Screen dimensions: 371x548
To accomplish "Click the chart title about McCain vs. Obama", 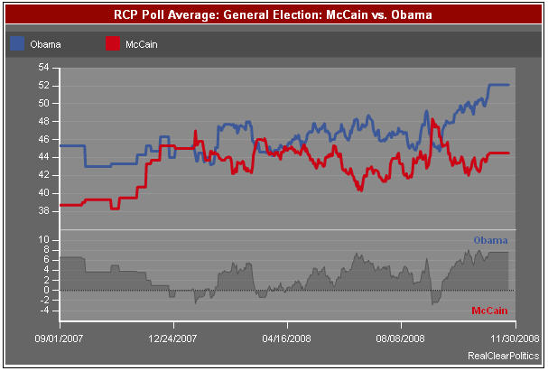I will click(274, 15).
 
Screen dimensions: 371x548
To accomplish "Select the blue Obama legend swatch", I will click(18, 43).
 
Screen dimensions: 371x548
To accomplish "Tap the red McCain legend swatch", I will click(113, 43).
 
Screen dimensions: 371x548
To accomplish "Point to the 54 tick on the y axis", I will click(43, 68).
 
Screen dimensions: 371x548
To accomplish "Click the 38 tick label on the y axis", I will click(43, 210).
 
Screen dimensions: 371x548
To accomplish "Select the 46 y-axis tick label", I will click(43, 139).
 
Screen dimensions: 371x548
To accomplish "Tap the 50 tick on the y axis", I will click(43, 103).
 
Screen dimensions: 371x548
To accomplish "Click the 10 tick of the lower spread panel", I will click(43, 240).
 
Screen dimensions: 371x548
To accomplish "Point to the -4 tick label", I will click(43, 311).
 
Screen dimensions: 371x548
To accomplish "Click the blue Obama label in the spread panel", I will click(490, 240).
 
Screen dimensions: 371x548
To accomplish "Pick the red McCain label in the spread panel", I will click(489, 311).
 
